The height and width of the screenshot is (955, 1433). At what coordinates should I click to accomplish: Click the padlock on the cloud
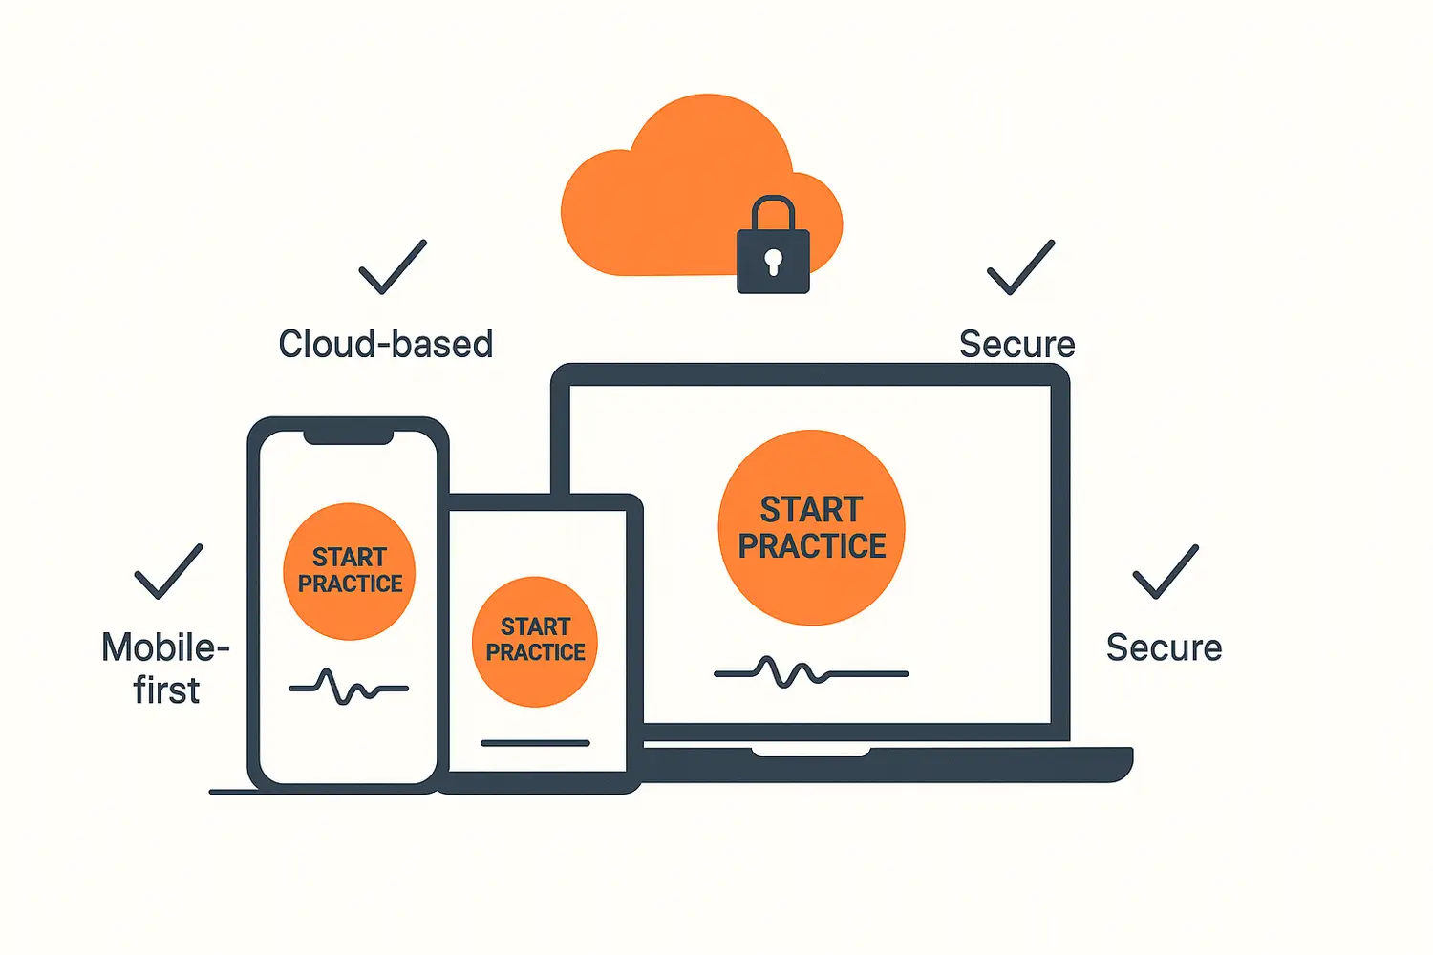[773, 260]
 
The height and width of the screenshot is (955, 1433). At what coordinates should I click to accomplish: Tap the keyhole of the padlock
[773, 260]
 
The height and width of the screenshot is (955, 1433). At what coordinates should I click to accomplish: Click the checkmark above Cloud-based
[392, 267]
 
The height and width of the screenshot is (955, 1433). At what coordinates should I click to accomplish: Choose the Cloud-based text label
[385, 344]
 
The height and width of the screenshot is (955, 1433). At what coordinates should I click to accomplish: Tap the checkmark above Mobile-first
[168, 572]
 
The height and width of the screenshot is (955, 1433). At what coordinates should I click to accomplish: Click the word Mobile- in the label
[165, 647]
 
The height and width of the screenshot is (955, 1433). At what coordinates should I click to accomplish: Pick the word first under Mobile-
[166, 690]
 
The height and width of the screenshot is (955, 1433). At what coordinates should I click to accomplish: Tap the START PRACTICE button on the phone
[350, 570]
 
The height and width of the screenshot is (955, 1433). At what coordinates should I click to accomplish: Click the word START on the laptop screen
[811, 510]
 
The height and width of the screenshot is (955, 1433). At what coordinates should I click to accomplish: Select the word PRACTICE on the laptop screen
[812, 546]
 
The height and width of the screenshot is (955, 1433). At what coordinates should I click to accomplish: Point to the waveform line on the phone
[348, 687]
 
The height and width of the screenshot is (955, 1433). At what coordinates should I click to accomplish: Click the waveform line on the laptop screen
[810, 672]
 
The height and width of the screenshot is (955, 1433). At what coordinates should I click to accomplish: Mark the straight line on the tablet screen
[535, 743]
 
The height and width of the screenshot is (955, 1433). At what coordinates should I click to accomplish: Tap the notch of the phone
[349, 437]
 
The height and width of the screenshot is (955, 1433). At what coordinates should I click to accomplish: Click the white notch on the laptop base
[810, 752]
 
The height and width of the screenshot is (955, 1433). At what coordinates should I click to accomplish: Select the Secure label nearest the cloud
[1016, 344]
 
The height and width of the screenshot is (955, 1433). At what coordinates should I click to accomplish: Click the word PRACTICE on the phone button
[350, 584]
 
